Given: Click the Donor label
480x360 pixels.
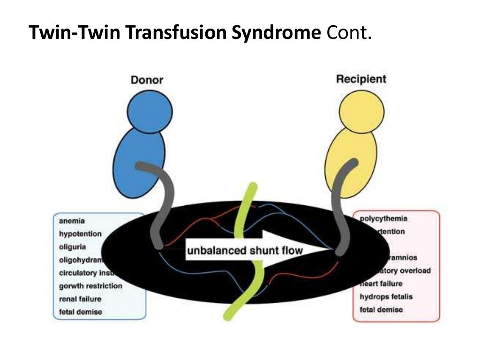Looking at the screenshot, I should (x=147, y=80).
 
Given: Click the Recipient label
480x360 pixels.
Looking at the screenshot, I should (x=361, y=79).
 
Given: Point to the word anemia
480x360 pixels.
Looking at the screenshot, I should (x=72, y=220).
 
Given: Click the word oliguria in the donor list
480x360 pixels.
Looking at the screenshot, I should (x=73, y=247).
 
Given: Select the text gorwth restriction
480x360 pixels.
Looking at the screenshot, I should (x=90, y=286).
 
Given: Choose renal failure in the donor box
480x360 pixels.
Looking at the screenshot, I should (x=80, y=299).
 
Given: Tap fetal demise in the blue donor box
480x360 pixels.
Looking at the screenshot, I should (x=80, y=312).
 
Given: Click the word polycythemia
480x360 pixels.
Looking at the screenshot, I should (x=383, y=218).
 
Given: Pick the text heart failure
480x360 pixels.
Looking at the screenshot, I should (x=381, y=284).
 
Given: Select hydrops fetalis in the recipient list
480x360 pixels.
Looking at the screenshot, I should (x=386, y=297).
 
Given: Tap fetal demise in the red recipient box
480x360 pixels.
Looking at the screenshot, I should (x=381, y=309).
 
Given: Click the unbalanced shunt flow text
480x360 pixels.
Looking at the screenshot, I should (x=245, y=250).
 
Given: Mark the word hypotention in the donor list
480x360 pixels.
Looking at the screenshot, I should (x=80, y=233).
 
